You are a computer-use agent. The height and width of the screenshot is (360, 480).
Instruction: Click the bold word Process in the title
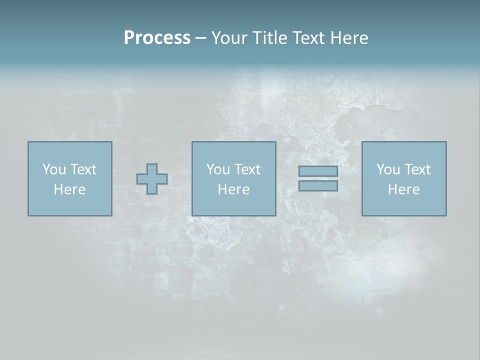pos(157,38)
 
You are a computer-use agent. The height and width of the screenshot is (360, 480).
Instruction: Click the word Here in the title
pos(349,38)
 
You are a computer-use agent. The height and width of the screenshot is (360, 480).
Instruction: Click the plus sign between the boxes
pos(152,179)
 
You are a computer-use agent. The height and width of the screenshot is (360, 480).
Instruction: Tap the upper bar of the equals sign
pos(318,171)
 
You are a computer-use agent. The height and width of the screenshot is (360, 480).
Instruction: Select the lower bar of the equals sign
pos(318,185)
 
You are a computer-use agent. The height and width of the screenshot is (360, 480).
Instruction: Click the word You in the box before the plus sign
pos(54,169)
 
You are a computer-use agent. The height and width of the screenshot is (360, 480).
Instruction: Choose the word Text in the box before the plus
pos(83,169)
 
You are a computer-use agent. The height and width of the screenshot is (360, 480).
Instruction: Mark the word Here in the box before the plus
pos(69,189)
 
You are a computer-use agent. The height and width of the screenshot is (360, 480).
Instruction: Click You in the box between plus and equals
pos(218,169)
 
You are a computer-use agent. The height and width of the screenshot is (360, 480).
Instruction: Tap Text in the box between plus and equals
pos(247,169)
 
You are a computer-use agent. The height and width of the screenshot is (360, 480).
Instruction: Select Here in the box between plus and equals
pos(233,189)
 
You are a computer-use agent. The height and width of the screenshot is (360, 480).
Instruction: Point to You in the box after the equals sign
pos(388,169)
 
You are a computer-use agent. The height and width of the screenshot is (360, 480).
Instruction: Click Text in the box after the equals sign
pos(417,169)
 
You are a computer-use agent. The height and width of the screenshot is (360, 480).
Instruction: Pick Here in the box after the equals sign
pos(403,189)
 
